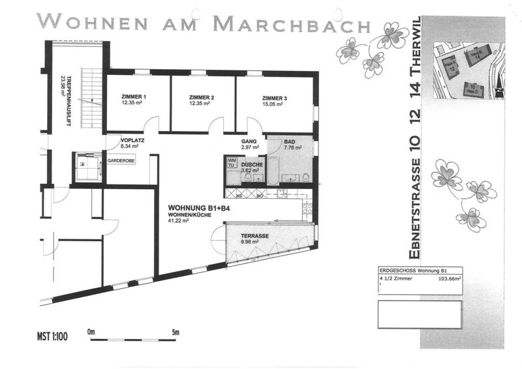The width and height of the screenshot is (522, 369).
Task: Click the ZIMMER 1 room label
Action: (133, 98)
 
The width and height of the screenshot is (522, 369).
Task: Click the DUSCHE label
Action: (252, 164)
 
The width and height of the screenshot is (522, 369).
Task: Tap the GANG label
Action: (248, 141)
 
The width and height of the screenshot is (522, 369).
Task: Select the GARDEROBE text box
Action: (121, 160)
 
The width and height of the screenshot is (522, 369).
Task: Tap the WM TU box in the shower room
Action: (232, 162)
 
